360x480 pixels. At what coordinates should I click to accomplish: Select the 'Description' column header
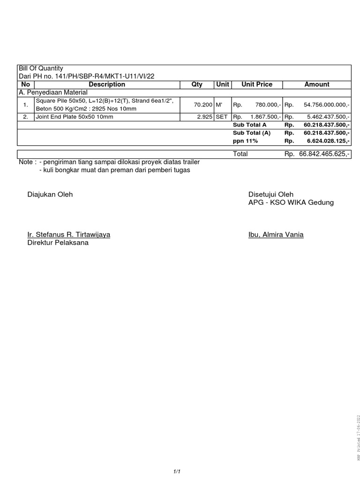coord(107,84)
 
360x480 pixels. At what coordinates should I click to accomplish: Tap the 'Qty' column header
coord(197,84)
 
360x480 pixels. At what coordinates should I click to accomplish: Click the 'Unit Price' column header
coord(256,84)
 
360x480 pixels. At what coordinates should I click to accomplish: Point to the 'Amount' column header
coord(317,84)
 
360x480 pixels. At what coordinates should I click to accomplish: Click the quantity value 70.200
coord(204,105)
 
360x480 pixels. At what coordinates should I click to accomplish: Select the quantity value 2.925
coord(205,117)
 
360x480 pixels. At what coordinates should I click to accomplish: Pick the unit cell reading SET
coord(221,117)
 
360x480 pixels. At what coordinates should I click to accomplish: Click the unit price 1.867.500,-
coord(266,117)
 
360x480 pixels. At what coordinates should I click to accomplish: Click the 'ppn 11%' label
coord(245,140)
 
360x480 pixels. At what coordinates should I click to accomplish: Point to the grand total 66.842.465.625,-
coord(324,154)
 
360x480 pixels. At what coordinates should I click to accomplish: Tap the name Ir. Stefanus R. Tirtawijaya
coord(69,234)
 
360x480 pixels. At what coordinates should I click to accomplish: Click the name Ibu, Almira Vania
coord(276,234)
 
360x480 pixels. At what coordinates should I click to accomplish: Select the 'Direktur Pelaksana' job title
coord(58,243)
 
